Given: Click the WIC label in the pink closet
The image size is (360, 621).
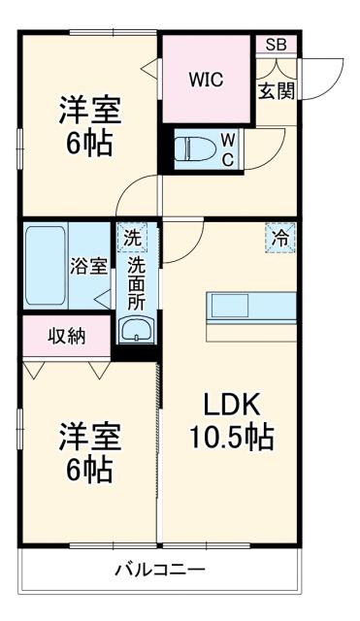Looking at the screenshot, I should [x=206, y=80].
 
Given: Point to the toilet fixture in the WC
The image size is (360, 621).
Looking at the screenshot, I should [x=191, y=148].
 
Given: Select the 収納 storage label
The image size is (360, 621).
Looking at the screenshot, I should [x=67, y=336].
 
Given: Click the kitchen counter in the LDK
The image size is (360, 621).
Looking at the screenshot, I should [x=250, y=307].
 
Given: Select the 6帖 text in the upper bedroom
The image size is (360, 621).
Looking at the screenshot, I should [x=89, y=145].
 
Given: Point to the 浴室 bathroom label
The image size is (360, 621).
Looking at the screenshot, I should [x=88, y=267].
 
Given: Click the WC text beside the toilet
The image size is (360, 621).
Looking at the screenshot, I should [x=224, y=148].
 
